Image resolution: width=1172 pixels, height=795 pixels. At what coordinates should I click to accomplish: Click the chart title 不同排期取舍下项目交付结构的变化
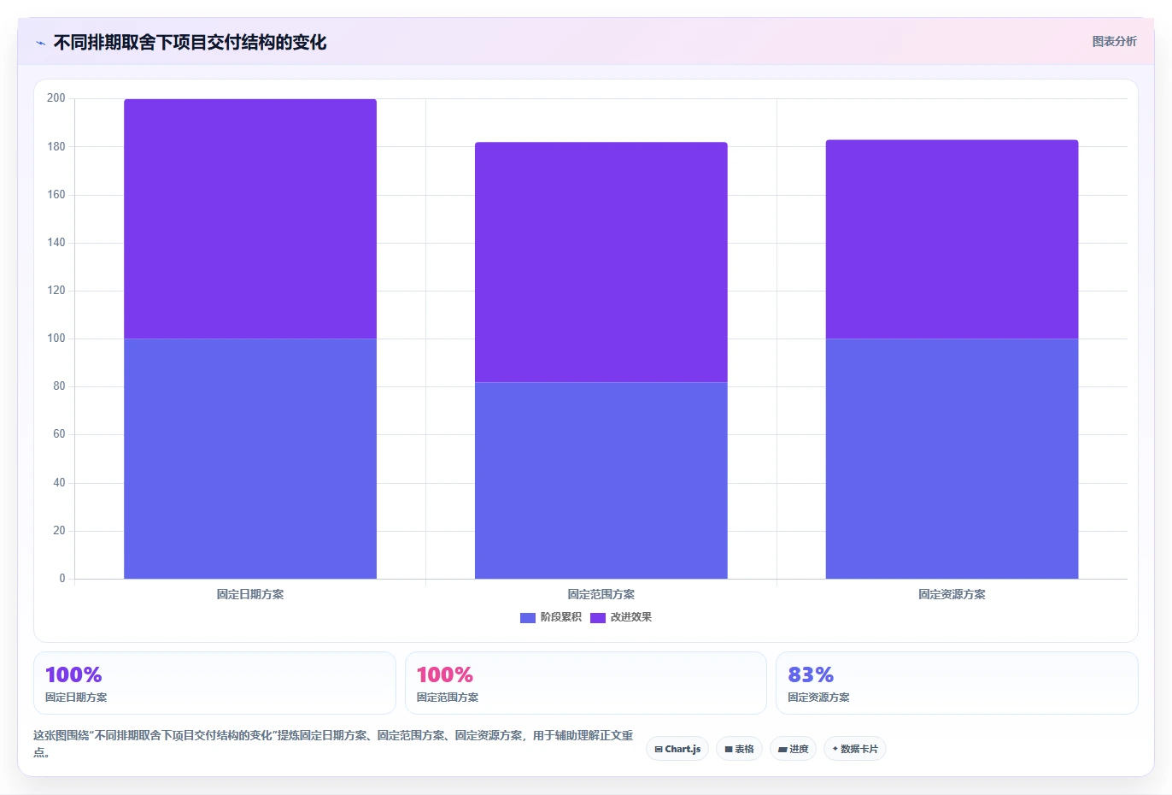pyautogui.click(x=190, y=43)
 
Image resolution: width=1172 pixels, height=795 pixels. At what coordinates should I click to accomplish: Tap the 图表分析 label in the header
pyautogui.click(x=1114, y=41)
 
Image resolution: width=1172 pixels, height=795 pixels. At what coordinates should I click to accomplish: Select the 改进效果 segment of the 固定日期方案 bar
pyautogui.click(x=250, y=219)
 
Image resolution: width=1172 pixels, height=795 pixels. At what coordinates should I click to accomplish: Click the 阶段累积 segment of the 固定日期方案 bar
pyautogui.click(x=250, y=459)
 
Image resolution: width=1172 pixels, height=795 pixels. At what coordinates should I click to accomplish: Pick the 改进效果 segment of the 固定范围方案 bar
pyautogui.click(x=601, y=262)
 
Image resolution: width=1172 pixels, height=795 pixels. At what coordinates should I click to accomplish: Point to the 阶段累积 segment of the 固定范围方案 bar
pyautogui.click(x=601, y=480)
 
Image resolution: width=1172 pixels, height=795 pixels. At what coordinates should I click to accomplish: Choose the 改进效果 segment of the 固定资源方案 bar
pyautogui.click(x=952, y=239)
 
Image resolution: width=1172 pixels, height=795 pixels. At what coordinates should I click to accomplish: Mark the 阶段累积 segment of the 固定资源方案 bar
pyautogui.click(x=952, y=459)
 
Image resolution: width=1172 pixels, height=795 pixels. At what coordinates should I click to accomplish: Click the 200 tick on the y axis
pyautogui.click(x=56, y=98)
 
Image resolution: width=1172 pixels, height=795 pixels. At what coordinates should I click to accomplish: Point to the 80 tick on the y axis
pyautogui.click(x=59, y=386)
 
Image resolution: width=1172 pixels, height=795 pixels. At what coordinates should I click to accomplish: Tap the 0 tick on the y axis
pyautogui.click(x=62, y=578)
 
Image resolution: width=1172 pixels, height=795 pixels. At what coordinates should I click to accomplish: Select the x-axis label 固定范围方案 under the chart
pyautogui.click(x=601, y=594)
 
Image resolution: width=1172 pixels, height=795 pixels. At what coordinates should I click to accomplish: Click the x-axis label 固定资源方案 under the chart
pyautogui.click(x=952, y=594)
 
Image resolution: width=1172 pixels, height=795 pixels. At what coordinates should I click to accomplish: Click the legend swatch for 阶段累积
pyautogui.click(x=527, y=617)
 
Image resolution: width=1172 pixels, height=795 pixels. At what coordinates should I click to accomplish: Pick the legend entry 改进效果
pyautogui.click(x=621, y=617)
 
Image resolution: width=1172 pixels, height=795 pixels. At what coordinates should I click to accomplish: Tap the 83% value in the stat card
pyautogui.click(x=811, y=674)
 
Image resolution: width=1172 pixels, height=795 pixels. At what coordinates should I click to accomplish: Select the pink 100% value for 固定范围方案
pyautogui.click(x=445, y=674)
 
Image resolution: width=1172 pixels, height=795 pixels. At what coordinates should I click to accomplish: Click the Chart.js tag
pyautogui.click(x=677, y=749)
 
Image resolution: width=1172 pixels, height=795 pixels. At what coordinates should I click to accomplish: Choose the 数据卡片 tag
pyautogui.click(x=855, y=749)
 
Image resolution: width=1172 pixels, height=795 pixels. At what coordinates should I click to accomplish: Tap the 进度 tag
pyautogui.click(x=794, y=749)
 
